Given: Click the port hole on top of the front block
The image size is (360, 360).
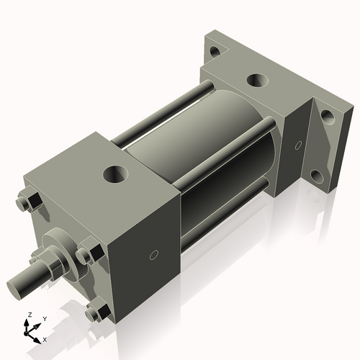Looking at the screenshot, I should (114, 174).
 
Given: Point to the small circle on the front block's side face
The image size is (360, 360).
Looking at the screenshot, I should (153, 255).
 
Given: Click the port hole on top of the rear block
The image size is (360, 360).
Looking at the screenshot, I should (256, 80).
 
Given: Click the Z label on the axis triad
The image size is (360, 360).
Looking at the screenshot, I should (29, 315).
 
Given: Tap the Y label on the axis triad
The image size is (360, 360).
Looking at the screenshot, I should (44, 319).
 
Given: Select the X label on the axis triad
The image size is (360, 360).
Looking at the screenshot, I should (45, 338).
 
